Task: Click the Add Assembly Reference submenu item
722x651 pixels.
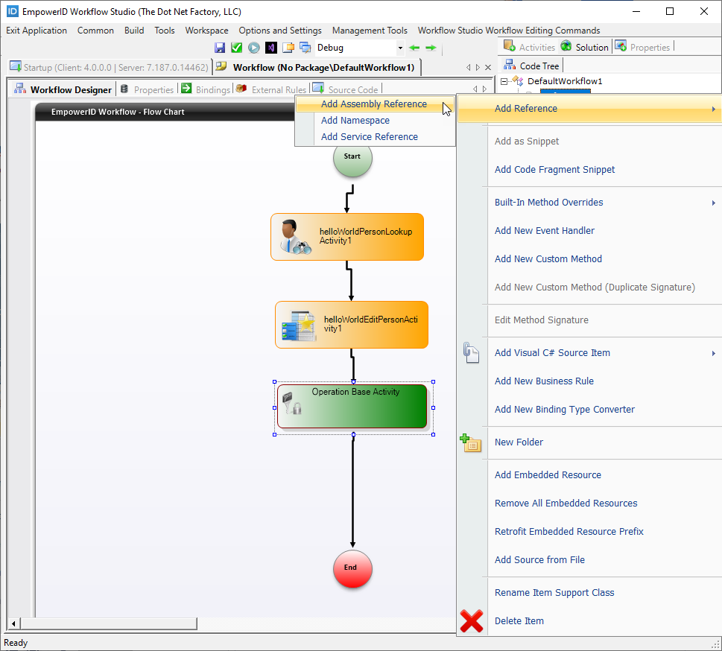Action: pos(373,104)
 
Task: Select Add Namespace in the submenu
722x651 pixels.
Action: pos(355,121)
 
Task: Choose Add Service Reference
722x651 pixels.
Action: pos(369,137)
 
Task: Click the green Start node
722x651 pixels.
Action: pos(352,157)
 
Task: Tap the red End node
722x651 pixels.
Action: pos(352,568)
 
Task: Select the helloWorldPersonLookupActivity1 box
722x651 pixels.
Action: pos(347,237)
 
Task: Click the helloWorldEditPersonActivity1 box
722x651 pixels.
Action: pos(352,325)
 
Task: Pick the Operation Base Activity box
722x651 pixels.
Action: pos(352,407)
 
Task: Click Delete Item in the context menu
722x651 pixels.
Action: pos(519,621)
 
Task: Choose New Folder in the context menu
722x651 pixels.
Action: pos(519,442)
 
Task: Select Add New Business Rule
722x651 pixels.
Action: pos(544,381)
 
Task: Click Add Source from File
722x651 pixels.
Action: pos(539,560)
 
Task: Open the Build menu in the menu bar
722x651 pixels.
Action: pos(134,31)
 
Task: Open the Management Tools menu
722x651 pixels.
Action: pos(370,31)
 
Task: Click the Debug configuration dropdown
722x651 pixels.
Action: pos(359,48)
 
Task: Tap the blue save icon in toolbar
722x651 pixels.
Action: pos(220,48)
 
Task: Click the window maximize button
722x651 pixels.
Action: pos(670,12)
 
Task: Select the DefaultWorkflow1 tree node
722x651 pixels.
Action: pos(565,81)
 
